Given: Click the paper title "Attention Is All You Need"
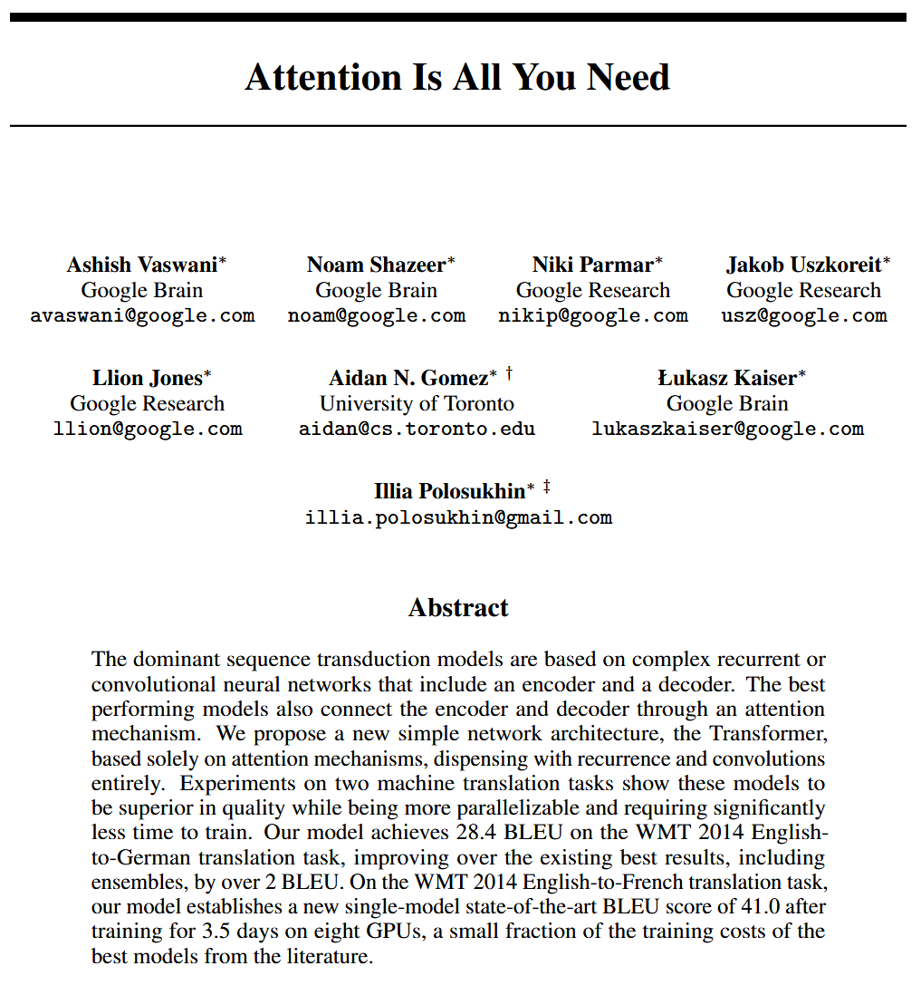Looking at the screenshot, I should tap(457, 77).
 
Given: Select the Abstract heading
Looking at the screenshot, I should tap(458, 607).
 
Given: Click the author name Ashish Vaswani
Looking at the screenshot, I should tap(142, 265).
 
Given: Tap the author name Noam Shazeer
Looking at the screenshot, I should tap(376, 265).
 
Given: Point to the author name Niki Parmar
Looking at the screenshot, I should tap(592, 265).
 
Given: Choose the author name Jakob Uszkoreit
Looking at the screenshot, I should tap(803, 265).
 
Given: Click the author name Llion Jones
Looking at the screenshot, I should tap(147, 378).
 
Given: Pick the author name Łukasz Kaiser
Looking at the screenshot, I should tap(726, 378).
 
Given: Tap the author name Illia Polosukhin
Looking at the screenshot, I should tap(449, 491).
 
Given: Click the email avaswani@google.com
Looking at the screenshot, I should tap(142, 316).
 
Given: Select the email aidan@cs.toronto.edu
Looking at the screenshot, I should tap(417, 430).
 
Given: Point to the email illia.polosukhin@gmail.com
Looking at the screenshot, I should tap(458, 518).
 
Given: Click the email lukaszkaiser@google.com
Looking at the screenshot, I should tap(727, 430).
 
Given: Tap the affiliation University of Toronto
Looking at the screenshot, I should tap(417, 404).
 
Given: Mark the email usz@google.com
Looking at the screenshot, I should tap(803, 316).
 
